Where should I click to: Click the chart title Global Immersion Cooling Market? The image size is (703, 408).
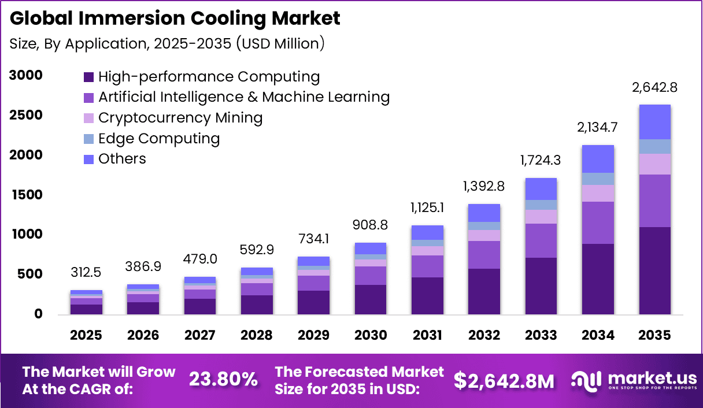[175, 18]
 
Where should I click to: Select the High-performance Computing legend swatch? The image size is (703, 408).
[88, 77]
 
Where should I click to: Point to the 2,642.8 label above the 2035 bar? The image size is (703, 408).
[654, 88]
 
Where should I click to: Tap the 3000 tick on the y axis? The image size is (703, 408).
[25, 75]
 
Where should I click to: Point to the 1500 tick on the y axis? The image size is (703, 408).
[25, 195]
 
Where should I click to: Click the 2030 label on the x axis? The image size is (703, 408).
[371, 336]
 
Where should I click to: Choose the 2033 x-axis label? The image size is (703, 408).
[541, 336]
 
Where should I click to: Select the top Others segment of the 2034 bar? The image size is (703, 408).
[598, 159]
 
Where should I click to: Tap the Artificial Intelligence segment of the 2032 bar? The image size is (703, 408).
[484, 255]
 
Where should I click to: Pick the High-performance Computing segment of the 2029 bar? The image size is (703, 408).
[313, 302]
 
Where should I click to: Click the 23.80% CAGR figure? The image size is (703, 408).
[223, 380]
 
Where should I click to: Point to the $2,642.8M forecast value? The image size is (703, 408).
[504, 380]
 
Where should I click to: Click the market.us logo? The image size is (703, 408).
[634, 380]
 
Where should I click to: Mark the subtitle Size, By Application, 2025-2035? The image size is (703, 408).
[167, 44]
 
